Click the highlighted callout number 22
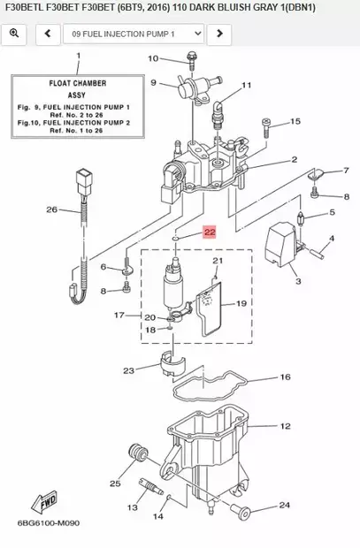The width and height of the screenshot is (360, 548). click(x=209, y=233)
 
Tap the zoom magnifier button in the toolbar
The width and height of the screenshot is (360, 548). click(x=14, y=34)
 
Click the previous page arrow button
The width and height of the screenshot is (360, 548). click(x=46, y=34)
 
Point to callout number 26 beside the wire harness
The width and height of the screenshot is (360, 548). click(x=51, y=209)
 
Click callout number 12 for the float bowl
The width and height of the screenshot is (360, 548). click(x=285, y=426)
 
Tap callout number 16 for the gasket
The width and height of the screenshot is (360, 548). click(x=285, y=377)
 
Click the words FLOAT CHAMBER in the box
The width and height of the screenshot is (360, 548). click(x=77, y=83)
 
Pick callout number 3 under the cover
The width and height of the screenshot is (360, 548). click(x=297, y=281)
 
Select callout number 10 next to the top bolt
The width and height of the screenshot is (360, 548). click(x=152, y=58)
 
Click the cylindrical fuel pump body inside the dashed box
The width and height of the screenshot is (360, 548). click(x=175, y=288)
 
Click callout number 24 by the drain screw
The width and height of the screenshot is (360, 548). click(x=284, y=506)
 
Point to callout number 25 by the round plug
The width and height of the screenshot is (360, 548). click(x=115, y=483)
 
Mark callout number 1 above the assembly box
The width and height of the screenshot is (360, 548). click(x=77, y=57)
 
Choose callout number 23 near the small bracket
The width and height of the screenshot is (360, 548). click(x=128, y=369)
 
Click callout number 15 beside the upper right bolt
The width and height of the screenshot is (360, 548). click(x=295, y=121)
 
